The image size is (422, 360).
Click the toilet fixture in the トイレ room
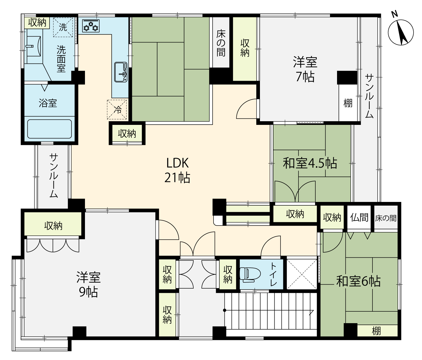pyautogui.click(x=250, y=275)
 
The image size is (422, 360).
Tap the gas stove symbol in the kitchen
pyautogui.click(x=91, y=26)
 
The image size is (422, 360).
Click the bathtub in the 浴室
pyautogui.click(x=50, y=129)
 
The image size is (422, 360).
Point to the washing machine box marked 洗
pyautogui.click(x=63, y=27)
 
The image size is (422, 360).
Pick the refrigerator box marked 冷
pyautogui.click(x=117, y=109)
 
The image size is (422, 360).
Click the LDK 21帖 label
pyautogui.click(x=177, y=170)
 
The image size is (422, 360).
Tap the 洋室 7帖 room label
pyautogui.click(x=305, y=69)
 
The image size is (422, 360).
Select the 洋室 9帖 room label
pyautogui.click(x=88, y=284)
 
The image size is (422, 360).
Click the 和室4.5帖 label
pyautogui.click(x=310, y=163)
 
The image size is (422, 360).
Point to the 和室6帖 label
pyautogui.click(x=358, y=281)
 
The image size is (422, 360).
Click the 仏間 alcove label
pyautogui.click(x=359, y=217)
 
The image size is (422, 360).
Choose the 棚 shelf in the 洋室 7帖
pyautogui.click(x=348, y=103)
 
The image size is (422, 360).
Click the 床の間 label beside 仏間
pyautogui.click(x=386, y=218)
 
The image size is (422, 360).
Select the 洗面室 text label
pyautogui.click(x=61, y=59)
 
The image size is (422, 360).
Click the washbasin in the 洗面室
pyautogui.click(x=34, y=47)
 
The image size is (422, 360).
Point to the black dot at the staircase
pyautogui.click(x=225, y=310)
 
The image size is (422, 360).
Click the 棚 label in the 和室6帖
pyautogui.click(x=376, y=331)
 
